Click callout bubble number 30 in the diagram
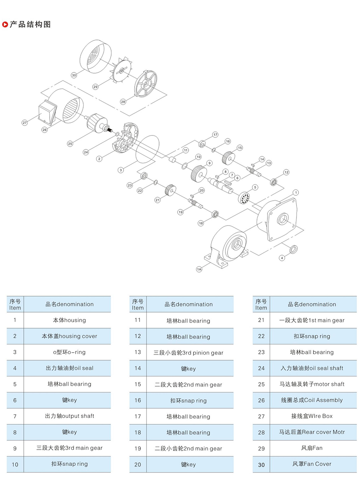point(74,75)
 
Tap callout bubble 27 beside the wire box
point(24,123)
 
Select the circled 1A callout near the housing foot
point(199,269)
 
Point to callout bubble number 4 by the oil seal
point(282,258)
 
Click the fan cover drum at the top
point(93,57)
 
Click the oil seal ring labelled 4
point(293,249)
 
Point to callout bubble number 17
point(215,135)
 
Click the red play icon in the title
point(5,25)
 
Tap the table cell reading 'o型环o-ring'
point(69,352)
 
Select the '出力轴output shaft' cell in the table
point(69,416)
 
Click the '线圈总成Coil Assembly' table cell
point(312,400)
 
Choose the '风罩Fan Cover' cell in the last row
point(312,464)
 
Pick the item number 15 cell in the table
point(138,384)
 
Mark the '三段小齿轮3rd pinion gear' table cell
point(188,352)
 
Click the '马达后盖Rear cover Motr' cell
point(312,432)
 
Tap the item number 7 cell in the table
point(15,416)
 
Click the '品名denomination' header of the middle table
point(188,304)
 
